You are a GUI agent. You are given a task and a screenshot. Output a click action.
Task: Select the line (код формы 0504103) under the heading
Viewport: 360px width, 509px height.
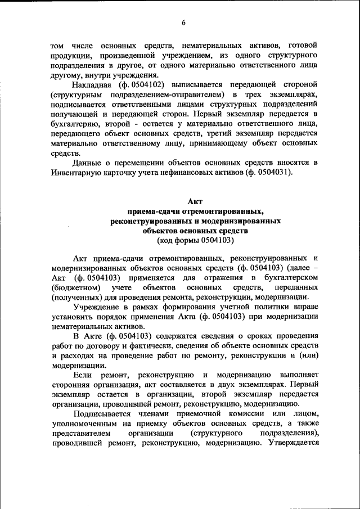195,240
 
